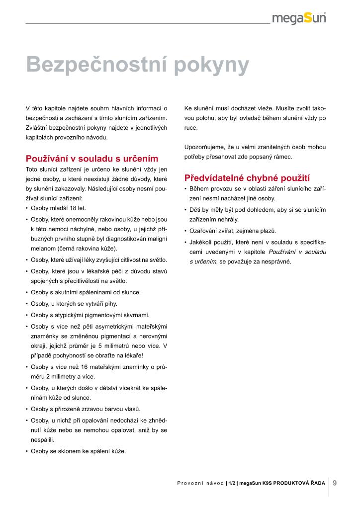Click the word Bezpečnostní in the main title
pos(97,65)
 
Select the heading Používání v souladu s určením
pos(92,159)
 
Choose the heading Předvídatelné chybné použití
pos(247,178)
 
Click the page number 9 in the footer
pos(335,482)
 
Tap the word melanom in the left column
pos(42,248)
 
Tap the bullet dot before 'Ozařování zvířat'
pos(185,231)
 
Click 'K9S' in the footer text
pos(269,483)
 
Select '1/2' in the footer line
pos(232,483)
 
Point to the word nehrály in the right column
pos(227,219)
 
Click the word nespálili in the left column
pos(42,440)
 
